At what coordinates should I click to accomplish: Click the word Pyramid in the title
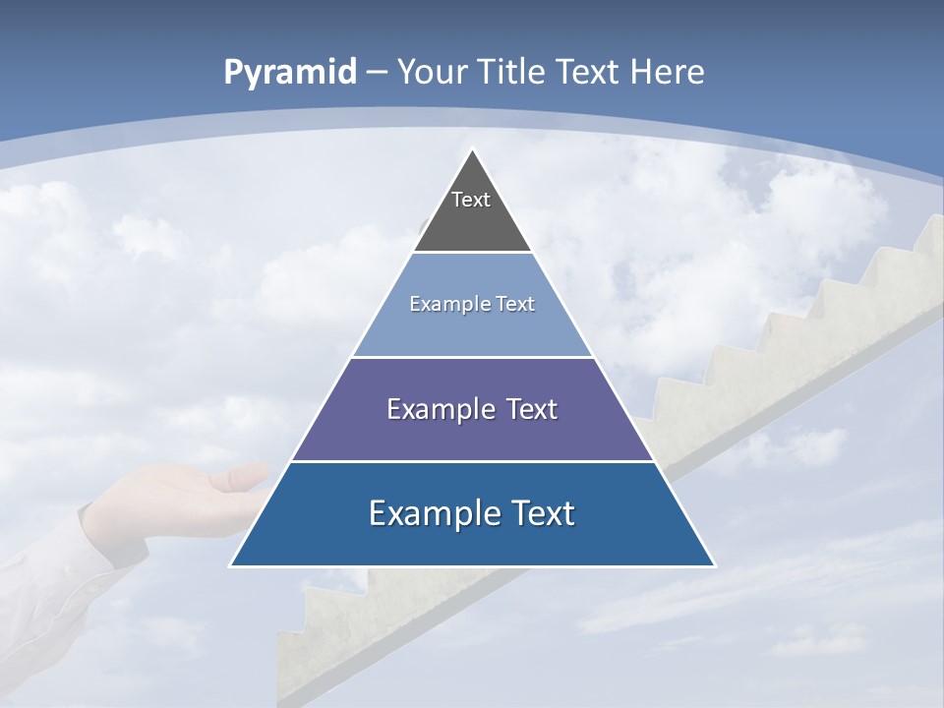289,73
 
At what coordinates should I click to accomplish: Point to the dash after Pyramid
378,73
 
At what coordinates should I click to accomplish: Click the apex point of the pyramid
473,150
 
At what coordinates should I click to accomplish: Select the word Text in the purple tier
531,409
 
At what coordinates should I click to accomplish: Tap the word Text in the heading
588,72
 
